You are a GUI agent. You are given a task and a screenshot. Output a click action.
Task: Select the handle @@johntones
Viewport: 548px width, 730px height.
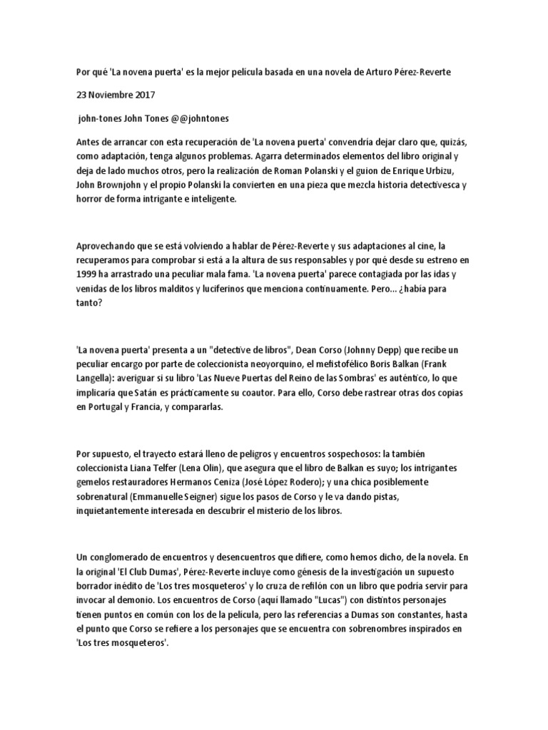tap(202, 118)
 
